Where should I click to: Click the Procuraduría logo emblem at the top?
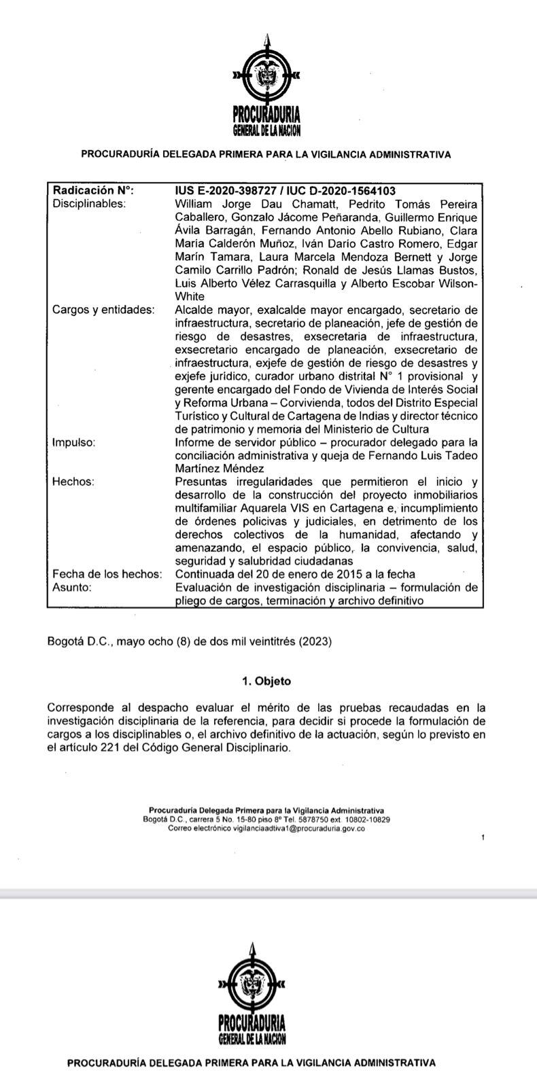(x=266, y=75)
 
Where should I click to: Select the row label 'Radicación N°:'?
(x=93, y=191)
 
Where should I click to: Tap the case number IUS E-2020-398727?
(x=228, y=191)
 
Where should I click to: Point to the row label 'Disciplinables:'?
(x=89, y=203)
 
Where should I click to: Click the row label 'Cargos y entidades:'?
(x=103, y=310)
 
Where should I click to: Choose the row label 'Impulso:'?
(x=73, y=442)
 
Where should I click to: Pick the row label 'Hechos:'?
(x=73, y=482)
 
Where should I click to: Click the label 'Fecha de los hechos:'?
(x=107, y=574)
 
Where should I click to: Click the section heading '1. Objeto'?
(x=266, y=681)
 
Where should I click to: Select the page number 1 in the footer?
(x=483, y=838)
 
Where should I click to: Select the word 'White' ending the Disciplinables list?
(x=190, y=296)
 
